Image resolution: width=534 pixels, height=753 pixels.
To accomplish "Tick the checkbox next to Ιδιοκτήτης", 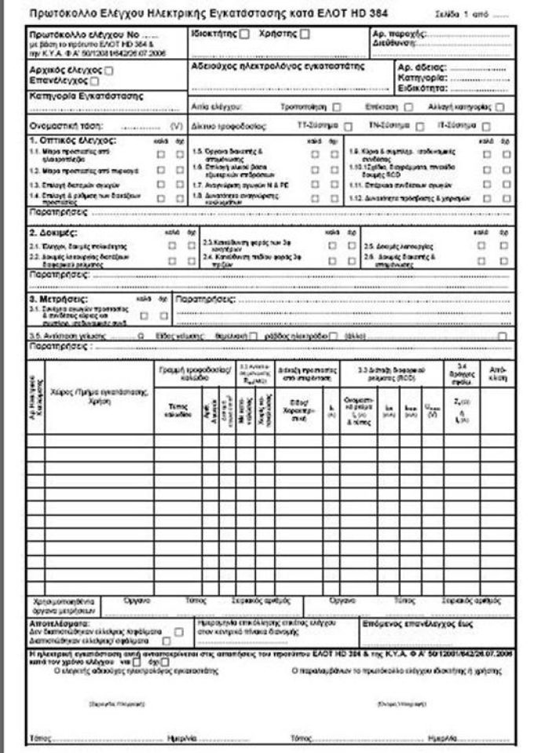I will click(x=245, y=35).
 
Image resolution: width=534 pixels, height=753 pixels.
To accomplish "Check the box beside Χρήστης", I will click(x=305, y=35).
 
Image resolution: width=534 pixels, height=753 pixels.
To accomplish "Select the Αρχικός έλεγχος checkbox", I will click(x=109, y=71).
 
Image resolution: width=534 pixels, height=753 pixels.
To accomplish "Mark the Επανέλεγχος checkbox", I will click(x=95, y=80).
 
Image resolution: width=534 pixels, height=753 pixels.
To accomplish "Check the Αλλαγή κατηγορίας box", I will click(x=499, y=106).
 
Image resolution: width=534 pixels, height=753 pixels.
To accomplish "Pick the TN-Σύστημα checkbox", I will click(x=420, y=126).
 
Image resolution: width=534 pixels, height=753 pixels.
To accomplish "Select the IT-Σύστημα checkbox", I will click(x=487, y=126).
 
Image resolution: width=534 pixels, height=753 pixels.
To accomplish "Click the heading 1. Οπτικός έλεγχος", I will click(x=71, y=140).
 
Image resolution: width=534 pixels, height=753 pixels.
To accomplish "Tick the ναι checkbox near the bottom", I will click(x=138, y=661).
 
